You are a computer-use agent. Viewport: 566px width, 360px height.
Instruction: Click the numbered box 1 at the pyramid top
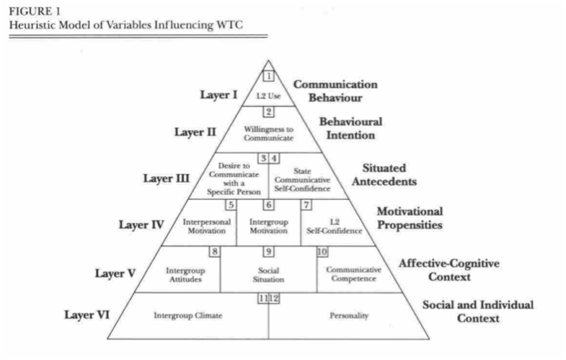268,76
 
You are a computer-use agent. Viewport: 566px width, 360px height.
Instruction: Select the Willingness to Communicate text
268,134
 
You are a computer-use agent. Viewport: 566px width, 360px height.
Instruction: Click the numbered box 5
231,205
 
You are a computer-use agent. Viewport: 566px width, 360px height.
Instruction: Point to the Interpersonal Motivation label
207,226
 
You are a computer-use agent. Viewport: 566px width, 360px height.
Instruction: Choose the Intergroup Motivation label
268,226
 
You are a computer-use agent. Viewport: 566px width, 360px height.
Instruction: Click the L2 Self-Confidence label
334,226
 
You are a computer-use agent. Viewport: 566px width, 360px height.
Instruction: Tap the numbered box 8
215,251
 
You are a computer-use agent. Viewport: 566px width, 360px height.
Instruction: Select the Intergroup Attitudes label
186,274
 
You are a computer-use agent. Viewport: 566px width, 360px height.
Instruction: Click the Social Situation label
268,274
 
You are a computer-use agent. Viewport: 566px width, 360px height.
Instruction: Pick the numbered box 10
322,251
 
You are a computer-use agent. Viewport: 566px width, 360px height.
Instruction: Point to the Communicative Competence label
353,274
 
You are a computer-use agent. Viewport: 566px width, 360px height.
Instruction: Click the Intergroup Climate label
189,316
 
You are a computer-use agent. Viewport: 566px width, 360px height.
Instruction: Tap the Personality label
349,316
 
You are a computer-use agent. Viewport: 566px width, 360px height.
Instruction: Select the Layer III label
167,179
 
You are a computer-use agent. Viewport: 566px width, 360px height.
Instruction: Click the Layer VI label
87,315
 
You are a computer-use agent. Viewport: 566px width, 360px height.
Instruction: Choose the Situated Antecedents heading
389,175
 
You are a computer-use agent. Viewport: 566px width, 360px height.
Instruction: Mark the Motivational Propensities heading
409,218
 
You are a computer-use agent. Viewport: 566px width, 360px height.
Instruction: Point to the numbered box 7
306,205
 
